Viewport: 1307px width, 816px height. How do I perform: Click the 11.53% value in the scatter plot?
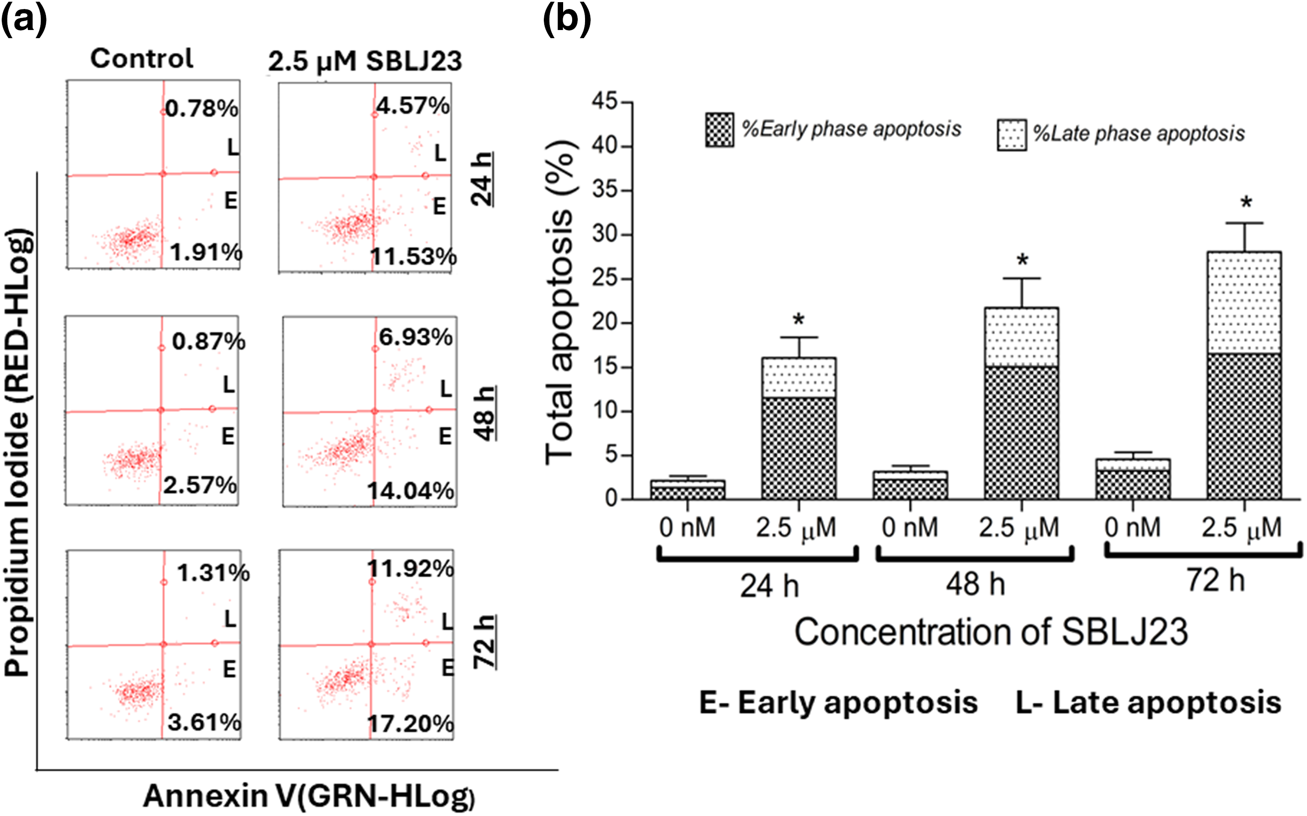click(413, 256)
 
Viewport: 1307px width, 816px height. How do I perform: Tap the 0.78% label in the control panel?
click(201, 108)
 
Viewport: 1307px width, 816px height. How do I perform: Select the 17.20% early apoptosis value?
click(410, 724)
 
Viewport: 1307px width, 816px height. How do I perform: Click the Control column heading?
click(142, 58)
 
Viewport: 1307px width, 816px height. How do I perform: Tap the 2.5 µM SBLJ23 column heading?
click(365, 61)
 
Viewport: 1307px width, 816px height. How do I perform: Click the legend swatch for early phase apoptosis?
click(719, 130)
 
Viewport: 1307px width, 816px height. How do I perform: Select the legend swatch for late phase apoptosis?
click(1012, 135)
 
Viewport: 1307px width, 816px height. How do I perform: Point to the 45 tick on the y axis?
click(604, 102)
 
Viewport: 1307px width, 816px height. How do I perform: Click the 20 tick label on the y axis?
click(604, 323)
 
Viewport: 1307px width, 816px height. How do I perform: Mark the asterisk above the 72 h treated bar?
click(1246, 204)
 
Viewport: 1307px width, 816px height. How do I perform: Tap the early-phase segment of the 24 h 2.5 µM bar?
click(799, 448)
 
